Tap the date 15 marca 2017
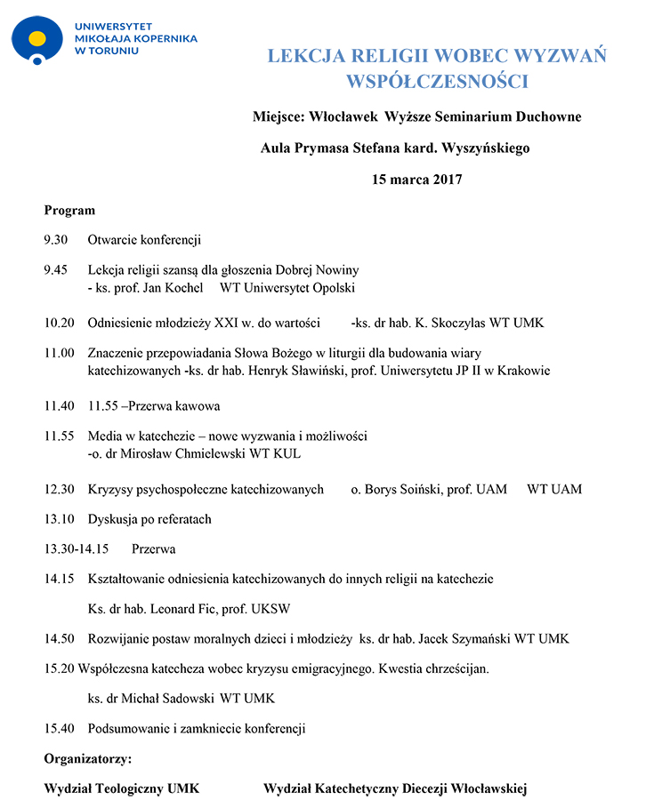click(x=416, y=180)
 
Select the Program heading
click(x=69, y=211)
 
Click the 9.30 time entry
click(x=55, y=240)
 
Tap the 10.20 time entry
click(x=59, y=323)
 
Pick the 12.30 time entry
click(x=59, y=490)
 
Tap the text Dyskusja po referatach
click(x=149, y=519)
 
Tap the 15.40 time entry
click(x=59, y=729)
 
